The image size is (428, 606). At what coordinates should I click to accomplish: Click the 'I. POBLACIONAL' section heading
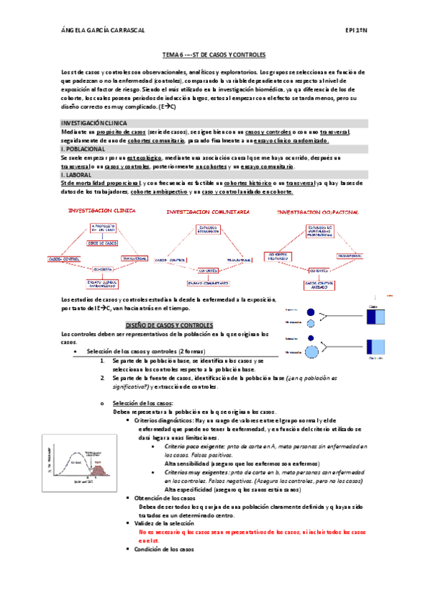coord(83,148)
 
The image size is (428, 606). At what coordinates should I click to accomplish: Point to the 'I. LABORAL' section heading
coord(76,174)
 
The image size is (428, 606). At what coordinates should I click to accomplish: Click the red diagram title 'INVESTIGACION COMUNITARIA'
coord(207,212)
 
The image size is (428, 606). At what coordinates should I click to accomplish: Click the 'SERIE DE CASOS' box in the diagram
coord(102,243)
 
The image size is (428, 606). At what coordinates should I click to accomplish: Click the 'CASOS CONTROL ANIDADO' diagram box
coord(317,284)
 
